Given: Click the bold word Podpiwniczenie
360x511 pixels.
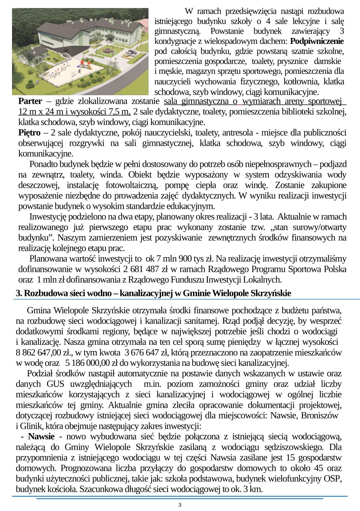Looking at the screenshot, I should coord(317,41).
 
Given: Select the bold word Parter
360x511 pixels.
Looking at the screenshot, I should coord(30,101).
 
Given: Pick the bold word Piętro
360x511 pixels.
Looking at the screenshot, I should coord(29,133).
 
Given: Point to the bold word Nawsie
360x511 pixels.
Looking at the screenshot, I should coord(41,437).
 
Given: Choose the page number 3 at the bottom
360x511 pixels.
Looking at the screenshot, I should coord(180,505).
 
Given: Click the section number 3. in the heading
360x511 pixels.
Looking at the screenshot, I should coord(19,293).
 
